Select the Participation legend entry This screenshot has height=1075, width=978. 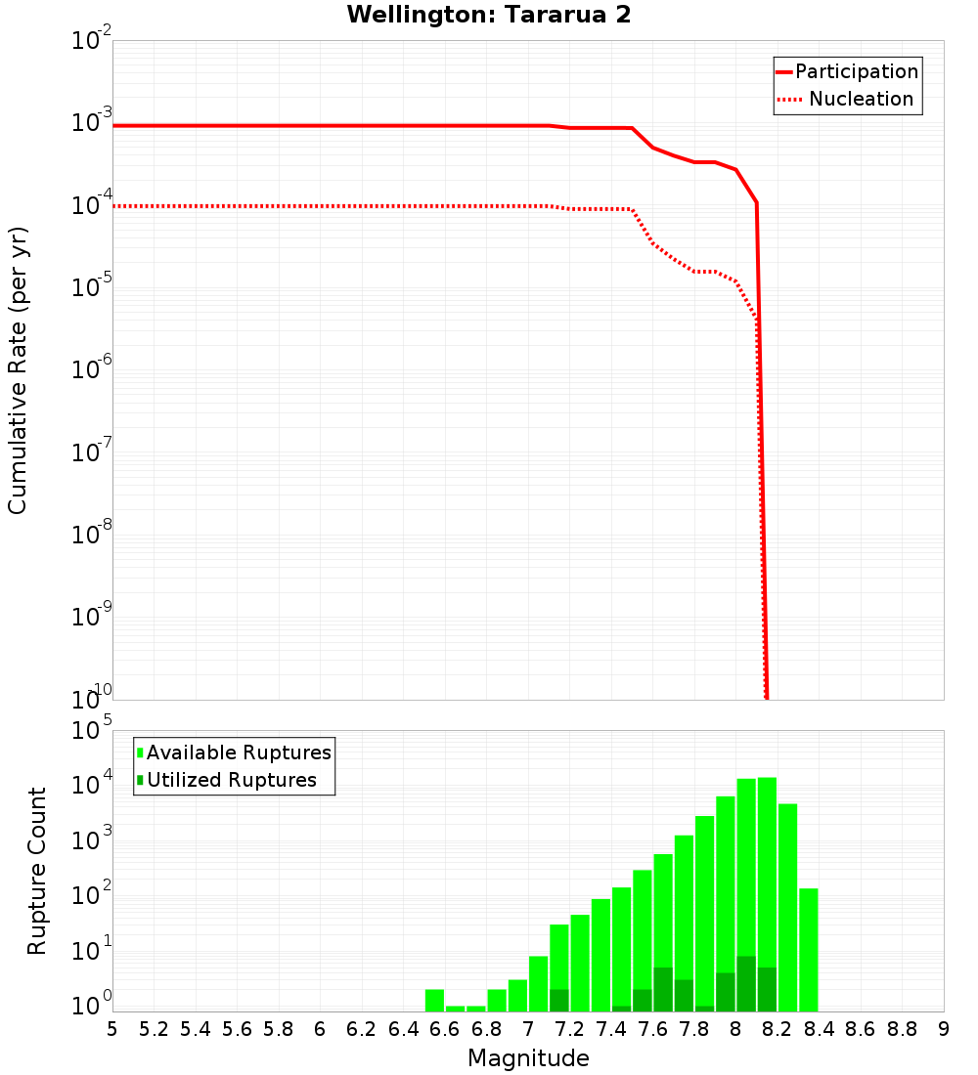[857, 72]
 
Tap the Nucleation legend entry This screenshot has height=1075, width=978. [861, 100]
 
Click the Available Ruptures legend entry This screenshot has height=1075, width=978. [239, 752]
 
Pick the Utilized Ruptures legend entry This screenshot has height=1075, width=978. [231, 780]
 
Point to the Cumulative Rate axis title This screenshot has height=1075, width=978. [19, 370]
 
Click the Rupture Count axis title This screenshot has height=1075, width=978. [37, 871]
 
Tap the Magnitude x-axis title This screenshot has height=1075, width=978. [528, 1058]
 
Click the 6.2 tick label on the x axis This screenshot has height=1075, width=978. [362, 1028]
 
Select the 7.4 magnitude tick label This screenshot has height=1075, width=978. [611, 1028]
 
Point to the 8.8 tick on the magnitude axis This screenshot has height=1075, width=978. [902, 1028]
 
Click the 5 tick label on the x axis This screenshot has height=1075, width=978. [112, 1028]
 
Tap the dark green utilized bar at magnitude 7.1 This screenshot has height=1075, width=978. [559, 1001]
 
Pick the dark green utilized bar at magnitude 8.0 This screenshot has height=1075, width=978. [746, 984]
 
